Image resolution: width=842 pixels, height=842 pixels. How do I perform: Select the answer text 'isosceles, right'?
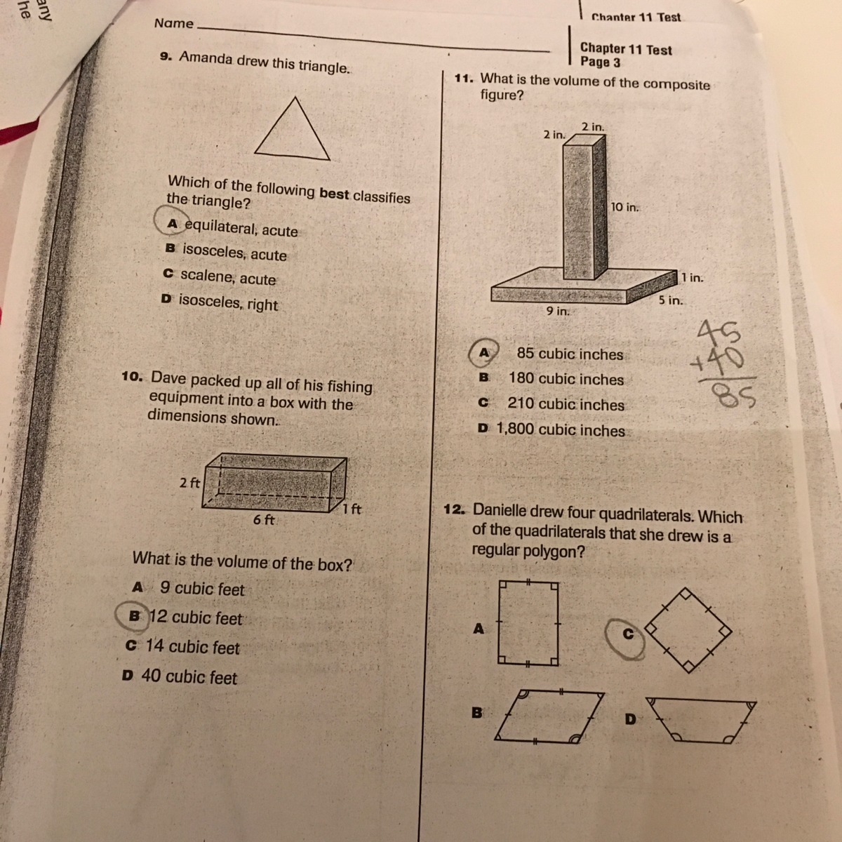(x=228, y=302)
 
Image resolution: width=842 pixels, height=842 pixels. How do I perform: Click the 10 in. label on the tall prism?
(x=624, y=207)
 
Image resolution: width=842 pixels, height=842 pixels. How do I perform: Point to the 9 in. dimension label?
(x=558, y=311)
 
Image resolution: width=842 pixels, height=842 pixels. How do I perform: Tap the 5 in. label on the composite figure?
(x=671, y=300)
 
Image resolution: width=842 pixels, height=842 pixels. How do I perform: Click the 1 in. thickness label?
(x=692, y=277)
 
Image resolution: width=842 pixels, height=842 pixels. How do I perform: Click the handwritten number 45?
(x=719, y=333)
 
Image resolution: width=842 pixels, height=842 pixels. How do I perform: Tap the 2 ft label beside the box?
(x=189, y=482)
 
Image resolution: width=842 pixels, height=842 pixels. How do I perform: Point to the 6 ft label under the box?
(x=264, y=519)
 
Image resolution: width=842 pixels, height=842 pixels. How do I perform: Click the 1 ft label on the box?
(x=352, y=509)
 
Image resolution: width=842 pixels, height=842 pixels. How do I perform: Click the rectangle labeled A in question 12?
(x=528, y=623)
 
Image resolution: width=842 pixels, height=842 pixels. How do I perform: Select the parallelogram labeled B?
(x=549, y=716)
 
